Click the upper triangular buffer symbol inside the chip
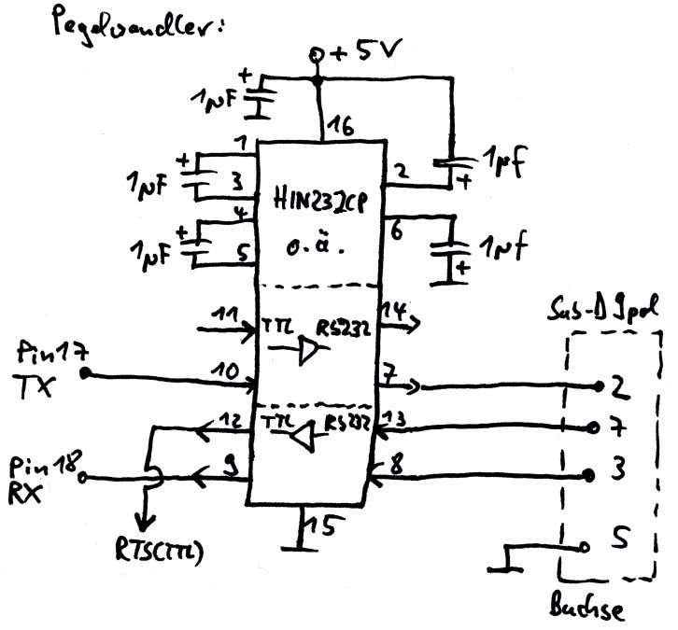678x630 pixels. coord(306,352)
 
